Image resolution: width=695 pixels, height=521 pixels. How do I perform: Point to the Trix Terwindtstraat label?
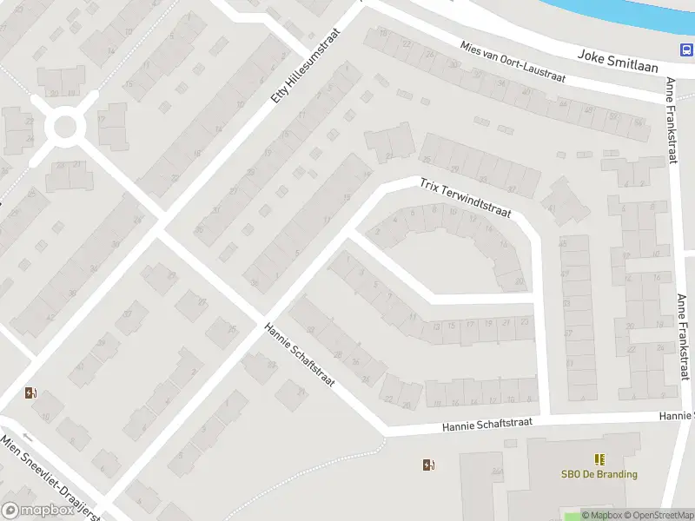pos(465,199)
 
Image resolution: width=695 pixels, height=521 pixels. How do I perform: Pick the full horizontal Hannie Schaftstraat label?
pos(486,425)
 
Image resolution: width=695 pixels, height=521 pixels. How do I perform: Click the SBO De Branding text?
pos(599,474)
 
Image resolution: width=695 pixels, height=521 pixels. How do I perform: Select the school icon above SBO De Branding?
pos(599,458)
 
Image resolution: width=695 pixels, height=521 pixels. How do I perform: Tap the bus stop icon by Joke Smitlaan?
pos(685,49)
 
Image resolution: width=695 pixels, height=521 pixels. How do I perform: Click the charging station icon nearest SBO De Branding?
pos(427,465)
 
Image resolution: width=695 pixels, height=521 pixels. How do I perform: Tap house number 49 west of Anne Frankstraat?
pos(564,244)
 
